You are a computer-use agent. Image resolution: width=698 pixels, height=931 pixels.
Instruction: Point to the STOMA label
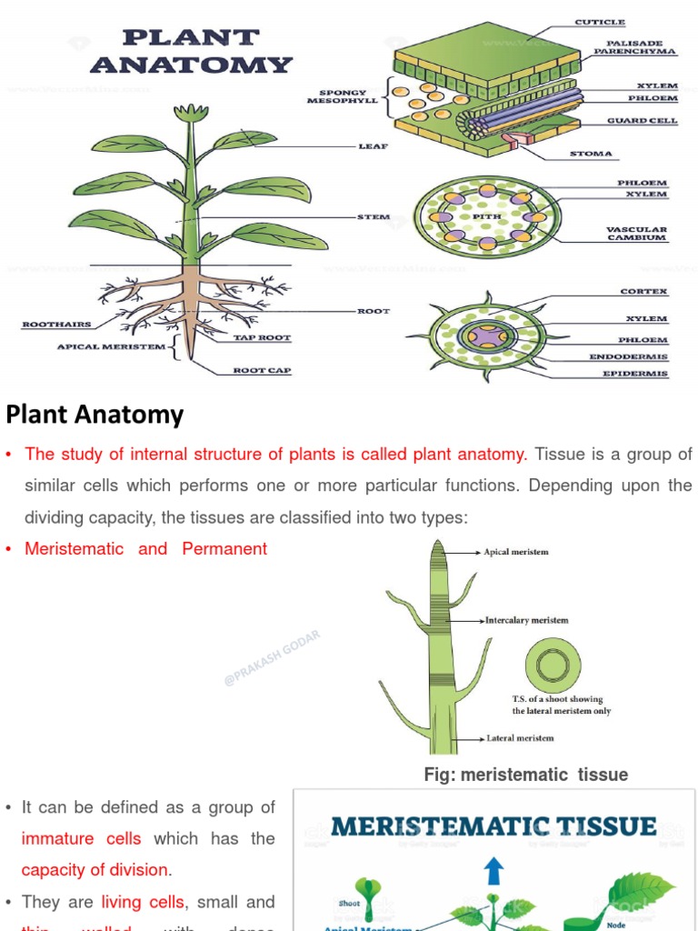(591, 155)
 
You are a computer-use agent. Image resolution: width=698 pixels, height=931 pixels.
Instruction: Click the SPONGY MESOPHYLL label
(343, 96)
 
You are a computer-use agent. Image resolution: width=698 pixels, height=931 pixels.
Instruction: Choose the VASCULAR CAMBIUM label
(636, 234)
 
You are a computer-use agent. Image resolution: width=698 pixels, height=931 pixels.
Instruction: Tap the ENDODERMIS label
(629, 357)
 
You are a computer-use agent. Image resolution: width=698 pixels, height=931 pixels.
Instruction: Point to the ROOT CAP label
(262, 371)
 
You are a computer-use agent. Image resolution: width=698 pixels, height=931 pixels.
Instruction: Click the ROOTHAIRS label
(55, 325)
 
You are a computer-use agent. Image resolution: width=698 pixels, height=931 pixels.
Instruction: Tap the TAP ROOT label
(262, 338)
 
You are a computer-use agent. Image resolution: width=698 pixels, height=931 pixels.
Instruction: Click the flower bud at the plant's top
(191, 114)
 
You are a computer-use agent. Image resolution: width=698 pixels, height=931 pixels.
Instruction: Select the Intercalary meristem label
(527, 621)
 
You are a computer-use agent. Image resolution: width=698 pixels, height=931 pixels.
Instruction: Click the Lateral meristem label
(520, 738)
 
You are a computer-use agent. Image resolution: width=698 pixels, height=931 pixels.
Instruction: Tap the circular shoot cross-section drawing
(553, 666)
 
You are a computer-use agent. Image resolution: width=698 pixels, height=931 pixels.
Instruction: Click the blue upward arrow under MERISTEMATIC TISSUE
(494, 871)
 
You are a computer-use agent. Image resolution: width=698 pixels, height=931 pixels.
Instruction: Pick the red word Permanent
(224, 549)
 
